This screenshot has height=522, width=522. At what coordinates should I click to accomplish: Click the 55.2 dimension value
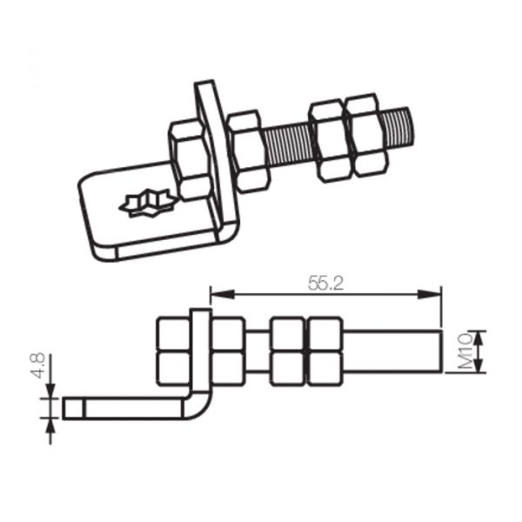(x=325, y=284)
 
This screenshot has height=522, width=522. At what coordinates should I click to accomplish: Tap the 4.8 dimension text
(x=38, y=365)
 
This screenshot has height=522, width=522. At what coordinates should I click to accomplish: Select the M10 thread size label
(x=465, y=351)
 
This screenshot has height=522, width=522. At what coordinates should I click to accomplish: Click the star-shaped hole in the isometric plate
(x=147, y=203)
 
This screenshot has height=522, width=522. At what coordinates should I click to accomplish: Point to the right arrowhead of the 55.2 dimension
(x=430, y=294)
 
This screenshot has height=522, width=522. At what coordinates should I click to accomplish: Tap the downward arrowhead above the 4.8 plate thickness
(x=50, y=391)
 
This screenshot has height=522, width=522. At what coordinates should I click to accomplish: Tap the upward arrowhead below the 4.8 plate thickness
(x=50, y=425)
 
